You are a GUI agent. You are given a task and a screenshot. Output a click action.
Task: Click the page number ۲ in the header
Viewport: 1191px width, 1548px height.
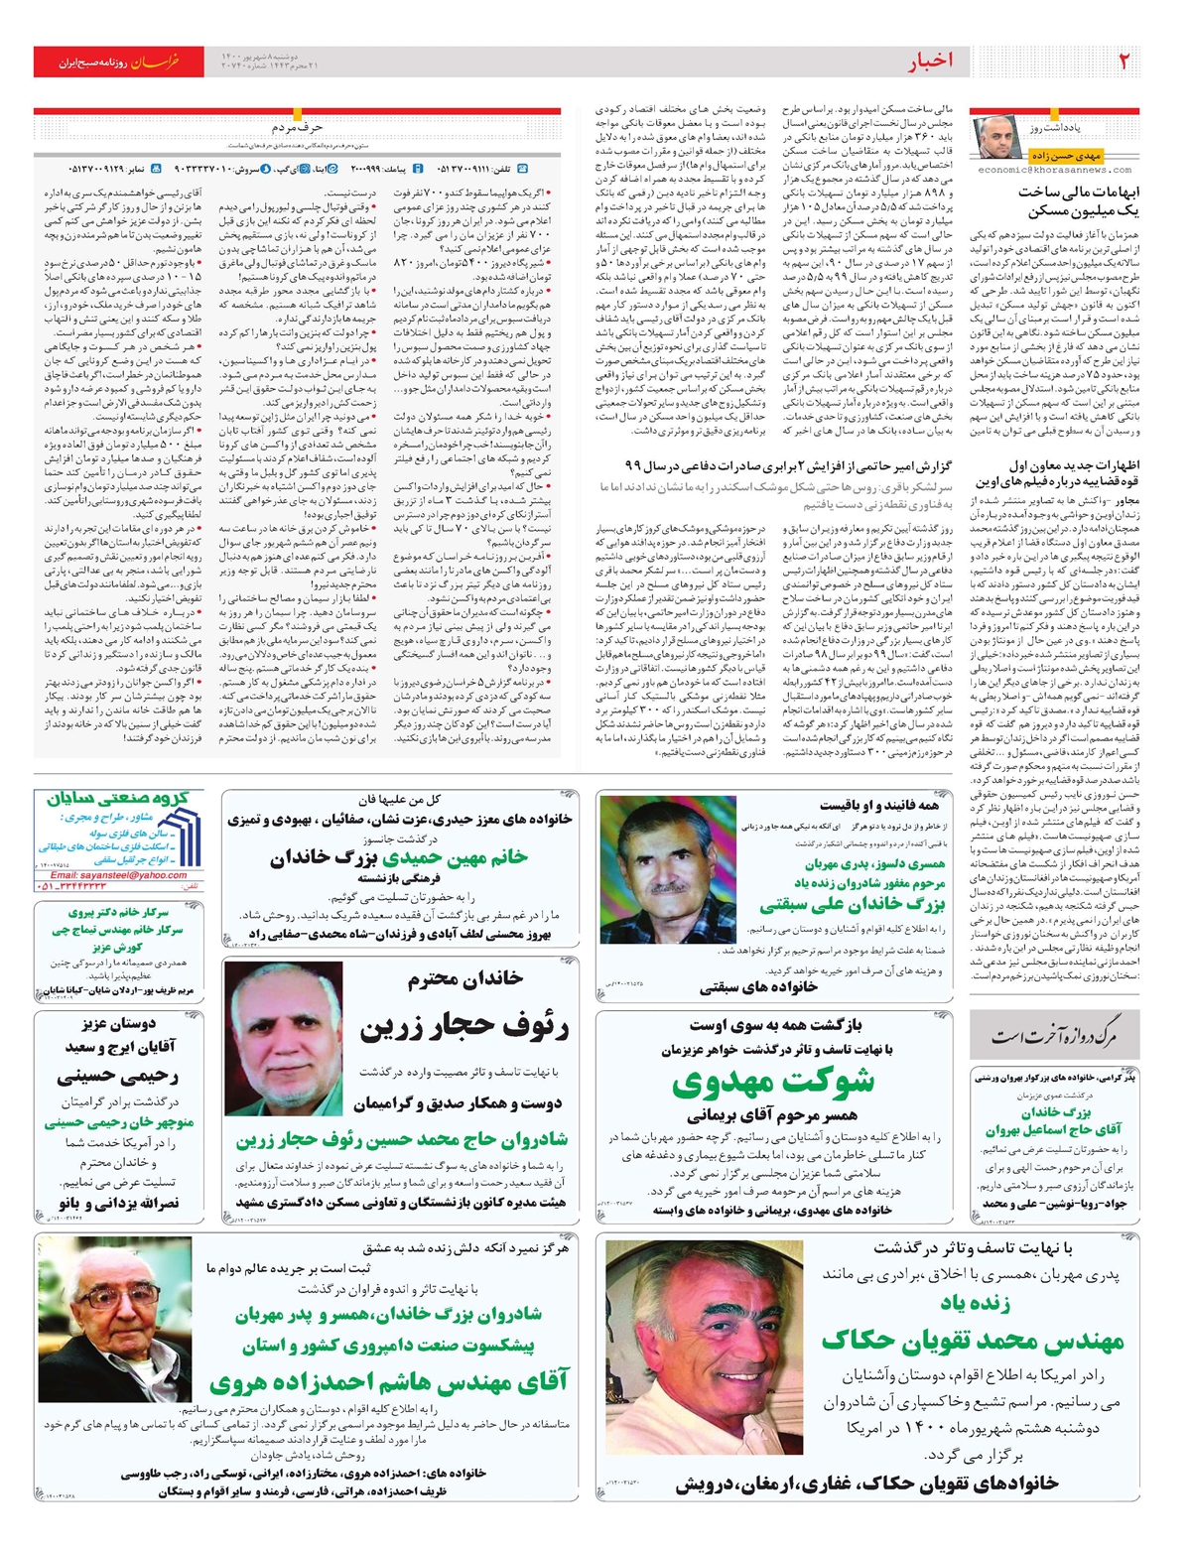1124,61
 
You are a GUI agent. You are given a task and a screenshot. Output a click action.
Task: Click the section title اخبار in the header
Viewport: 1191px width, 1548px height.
929,62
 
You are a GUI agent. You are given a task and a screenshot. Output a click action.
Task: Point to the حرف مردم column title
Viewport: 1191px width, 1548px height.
297,127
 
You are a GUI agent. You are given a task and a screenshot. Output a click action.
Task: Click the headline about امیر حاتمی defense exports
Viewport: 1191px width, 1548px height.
788,465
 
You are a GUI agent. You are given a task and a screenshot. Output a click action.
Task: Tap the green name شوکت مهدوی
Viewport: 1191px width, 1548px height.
773,1082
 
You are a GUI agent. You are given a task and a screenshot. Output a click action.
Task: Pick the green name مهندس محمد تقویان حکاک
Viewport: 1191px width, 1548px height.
973,1341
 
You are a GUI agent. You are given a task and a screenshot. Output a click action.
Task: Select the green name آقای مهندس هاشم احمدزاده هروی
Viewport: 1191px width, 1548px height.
388,1380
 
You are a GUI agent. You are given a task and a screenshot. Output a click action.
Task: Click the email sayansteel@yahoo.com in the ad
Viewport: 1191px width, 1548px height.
118,875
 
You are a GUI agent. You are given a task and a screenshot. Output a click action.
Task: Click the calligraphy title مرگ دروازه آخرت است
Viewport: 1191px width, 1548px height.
1053,1037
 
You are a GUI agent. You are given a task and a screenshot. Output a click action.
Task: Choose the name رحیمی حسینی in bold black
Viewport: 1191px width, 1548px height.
117,1076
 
